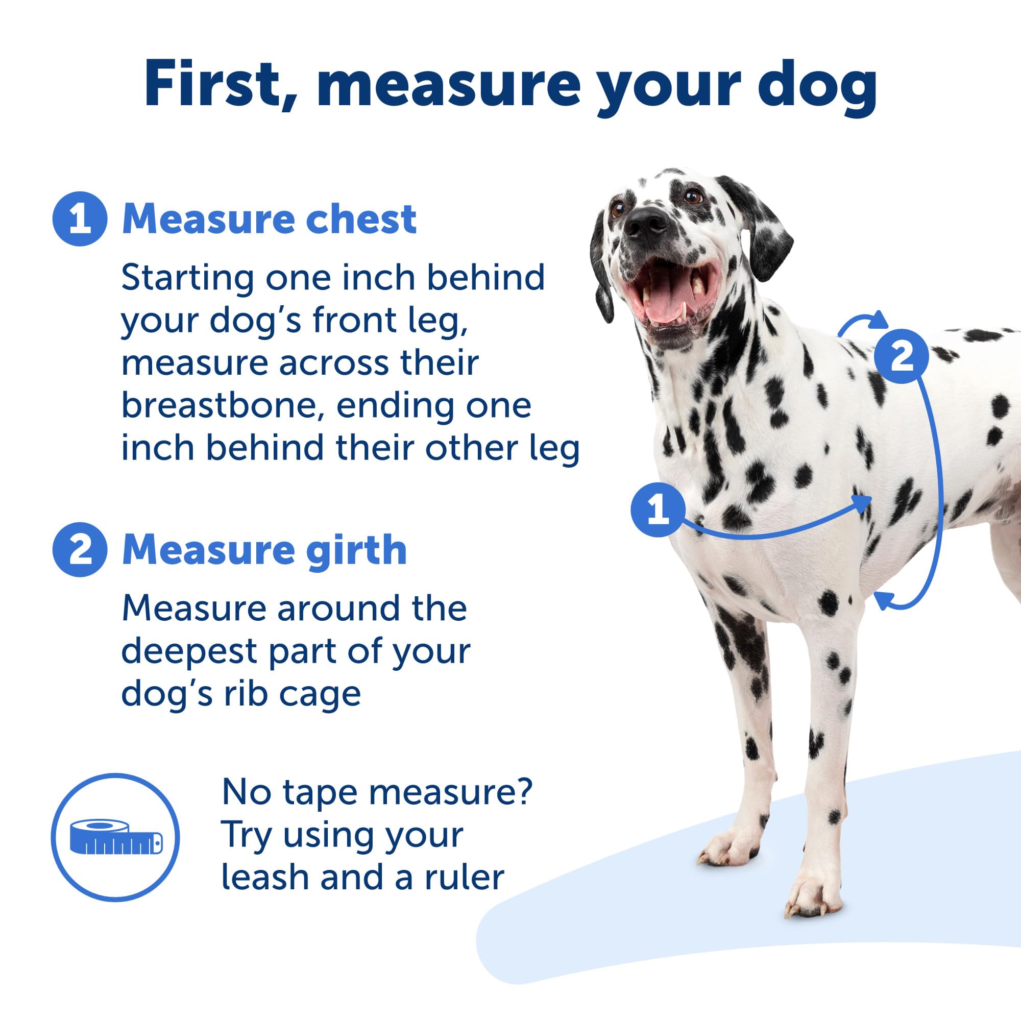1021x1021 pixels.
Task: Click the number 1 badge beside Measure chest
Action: (80, 218)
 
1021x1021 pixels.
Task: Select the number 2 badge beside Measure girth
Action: (80, 550)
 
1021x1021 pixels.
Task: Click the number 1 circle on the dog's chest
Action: (658, 509)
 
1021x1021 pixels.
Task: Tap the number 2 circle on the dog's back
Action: (901, 356)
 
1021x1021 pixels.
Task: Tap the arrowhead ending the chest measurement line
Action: (862, 502)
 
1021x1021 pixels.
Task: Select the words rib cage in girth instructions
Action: (291, 694)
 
